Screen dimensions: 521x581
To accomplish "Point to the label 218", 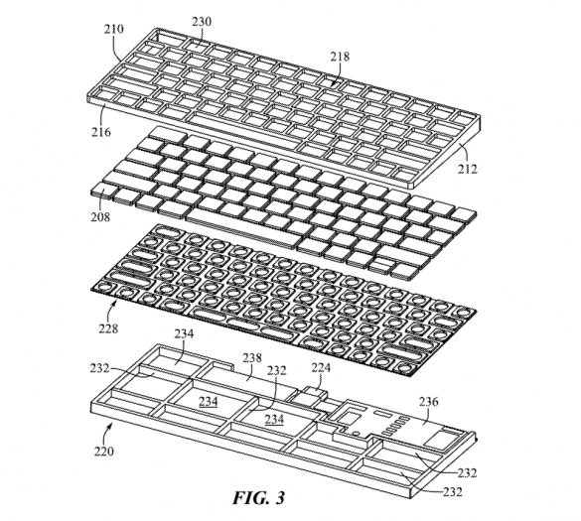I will pos(340,59).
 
